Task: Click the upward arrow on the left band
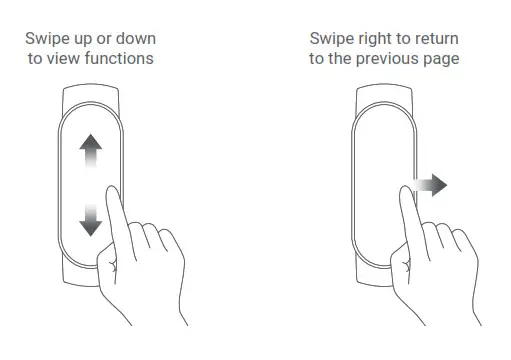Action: (x=91, y=151)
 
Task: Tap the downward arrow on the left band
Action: (x=91, y=219)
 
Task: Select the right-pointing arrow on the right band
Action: (x=431, y=186)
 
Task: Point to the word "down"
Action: (x=136, y=39)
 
